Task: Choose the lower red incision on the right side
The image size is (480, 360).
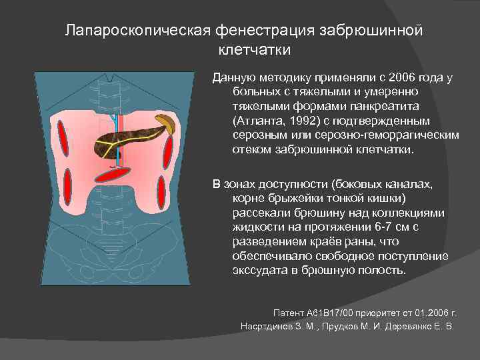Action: (x=161, y=193)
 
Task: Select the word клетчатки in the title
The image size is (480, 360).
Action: (x=254, y=49)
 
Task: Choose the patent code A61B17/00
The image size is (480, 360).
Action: (x=332, y=313)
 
